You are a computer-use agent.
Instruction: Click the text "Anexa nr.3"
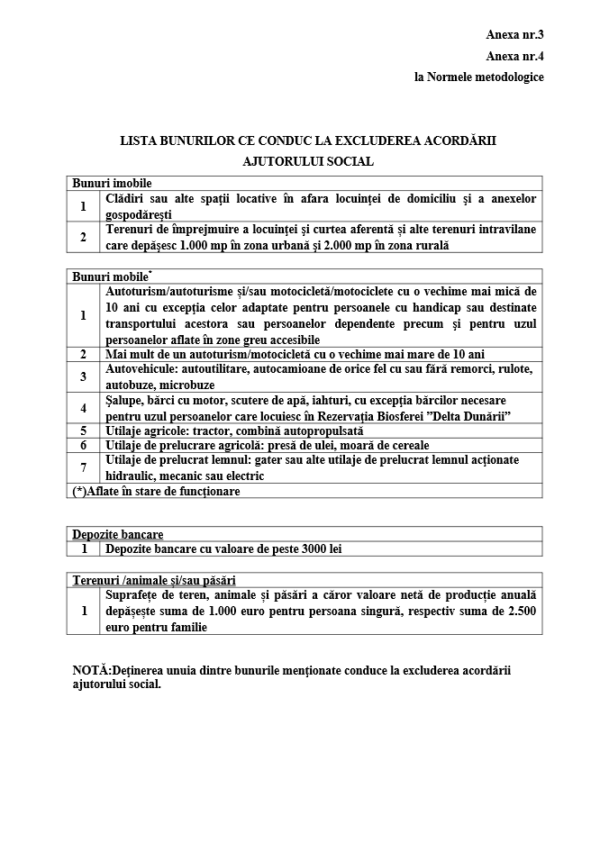click(x=514, y=35)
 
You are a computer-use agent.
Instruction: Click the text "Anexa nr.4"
click(x=514, y=56)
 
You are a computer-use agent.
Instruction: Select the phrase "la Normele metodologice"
click(x=478, y=77)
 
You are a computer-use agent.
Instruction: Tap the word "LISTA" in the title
click(x=140, y=141)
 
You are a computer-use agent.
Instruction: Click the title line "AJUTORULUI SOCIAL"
click(x=308, y=162)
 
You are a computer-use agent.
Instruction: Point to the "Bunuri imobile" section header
click(x=113, y=183)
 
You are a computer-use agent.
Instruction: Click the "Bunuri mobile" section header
click(x=112, y=276)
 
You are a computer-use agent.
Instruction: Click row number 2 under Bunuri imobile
click(x=83, y=237)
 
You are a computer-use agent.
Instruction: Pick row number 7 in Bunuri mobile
click(x=83, y=467)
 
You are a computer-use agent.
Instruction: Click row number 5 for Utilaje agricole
click(x=83, y=430)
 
